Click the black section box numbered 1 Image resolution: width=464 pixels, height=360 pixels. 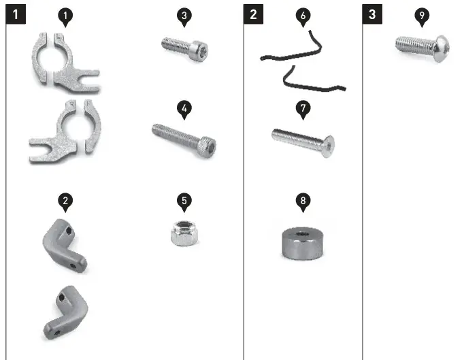[16, 14]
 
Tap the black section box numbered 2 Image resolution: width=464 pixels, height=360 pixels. [253, 14]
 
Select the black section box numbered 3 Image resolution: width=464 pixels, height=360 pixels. [372, 14]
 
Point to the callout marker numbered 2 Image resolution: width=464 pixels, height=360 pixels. [64, 201]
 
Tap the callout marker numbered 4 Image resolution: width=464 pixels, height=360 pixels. [183, 108]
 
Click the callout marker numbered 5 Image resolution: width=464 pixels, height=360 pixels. [183, 201]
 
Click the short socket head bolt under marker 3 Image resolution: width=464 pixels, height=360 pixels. [184, 47]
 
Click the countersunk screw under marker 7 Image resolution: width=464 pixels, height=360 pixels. [303, 141]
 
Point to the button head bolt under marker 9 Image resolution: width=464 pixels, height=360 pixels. [422, 47]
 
